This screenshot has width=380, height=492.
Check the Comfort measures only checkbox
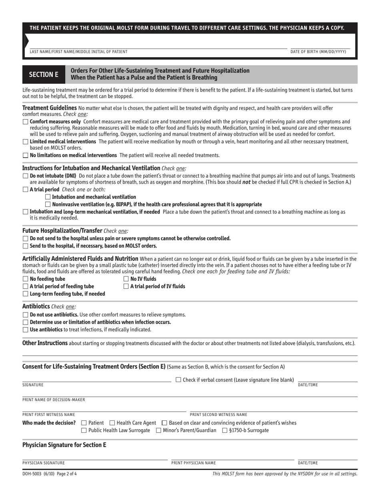pyautogui.click(x=25, y=122)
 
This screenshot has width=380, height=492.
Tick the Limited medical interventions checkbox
pyautogui.click(x=25, y=142)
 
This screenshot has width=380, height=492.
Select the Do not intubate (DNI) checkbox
pyautogui.click(x=25, y=176)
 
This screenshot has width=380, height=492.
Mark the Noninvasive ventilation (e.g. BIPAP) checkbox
pyautogui.click(x=48, y=204)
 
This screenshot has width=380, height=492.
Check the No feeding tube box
pyautogui.click(x=25, y=279)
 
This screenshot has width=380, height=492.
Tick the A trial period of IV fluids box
pyautogui.click(x=126, y=286)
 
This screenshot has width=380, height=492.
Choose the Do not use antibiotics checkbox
pyautogui.click(x=25, y=315)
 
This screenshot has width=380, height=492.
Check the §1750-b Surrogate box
pyautogui.click(x=225, y=430)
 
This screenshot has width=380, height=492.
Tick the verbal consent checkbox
pyautogui.click(x=178, y=380)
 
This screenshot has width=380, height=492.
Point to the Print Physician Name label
pyautogui.click(x=194, y=463)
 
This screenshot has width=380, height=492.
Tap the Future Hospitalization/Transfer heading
pyautogui.click(x=62, y=231)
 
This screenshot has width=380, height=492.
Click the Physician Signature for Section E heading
pyautogui.click(x=64, y=444)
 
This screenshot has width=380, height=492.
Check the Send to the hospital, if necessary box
pyautogui.click(x=25, y=246)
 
